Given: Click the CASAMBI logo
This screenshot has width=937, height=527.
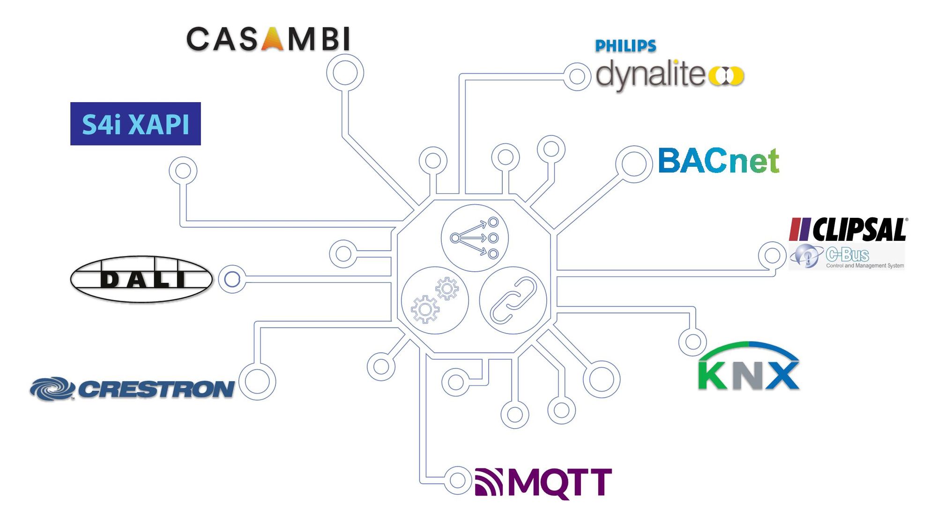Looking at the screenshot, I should point(268,39).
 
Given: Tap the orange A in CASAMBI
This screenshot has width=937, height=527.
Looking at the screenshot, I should point(272,39).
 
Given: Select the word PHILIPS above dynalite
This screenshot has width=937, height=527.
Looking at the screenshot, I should point(625,46).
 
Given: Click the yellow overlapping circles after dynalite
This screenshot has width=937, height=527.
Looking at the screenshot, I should point(726,76).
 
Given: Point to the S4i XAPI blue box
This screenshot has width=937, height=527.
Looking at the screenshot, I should point(135,124).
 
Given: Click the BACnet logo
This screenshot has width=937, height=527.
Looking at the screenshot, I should point(718,161).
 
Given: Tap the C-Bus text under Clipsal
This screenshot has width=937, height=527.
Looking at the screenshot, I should point(847,255).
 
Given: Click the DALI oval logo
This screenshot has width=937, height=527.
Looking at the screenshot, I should point(141,279).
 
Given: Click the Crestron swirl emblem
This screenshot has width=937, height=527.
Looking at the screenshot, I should point(52,389).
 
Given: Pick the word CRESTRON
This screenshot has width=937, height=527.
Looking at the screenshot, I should point(156,389).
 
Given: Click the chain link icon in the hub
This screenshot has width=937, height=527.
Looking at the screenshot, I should point(513,300).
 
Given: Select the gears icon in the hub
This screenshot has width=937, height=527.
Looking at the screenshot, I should point(435,300).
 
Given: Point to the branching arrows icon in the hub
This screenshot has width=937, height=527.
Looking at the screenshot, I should point(475,238).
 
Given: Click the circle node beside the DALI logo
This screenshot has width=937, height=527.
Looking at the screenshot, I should point(232,279).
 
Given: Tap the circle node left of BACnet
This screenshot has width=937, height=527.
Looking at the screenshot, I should point(633,164).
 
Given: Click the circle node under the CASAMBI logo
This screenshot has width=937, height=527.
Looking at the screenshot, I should point(345,73).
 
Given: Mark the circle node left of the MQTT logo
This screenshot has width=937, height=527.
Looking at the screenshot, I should point(457,480).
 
